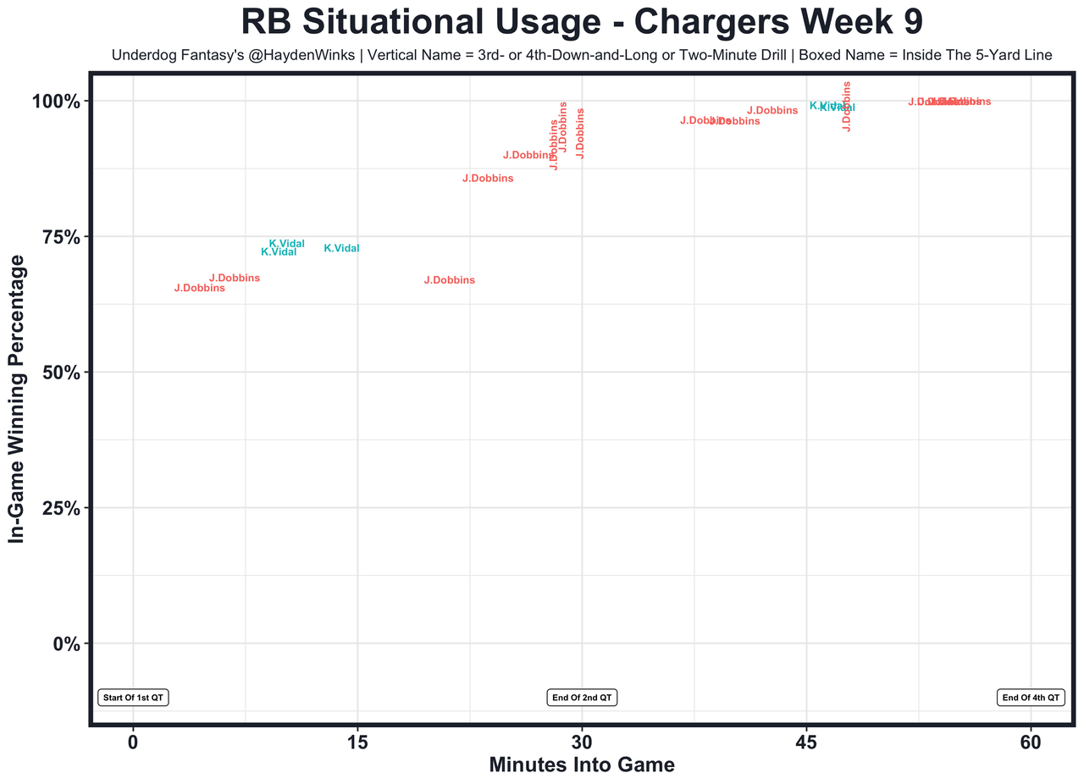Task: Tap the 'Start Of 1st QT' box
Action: tap(134, 698)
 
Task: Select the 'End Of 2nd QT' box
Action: tap(583, 698)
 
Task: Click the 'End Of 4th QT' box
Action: tap(1031, 698)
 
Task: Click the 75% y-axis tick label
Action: tap(61, 237)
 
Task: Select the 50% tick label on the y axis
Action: tap(61, 373)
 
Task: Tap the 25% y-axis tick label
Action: tap(61, 508)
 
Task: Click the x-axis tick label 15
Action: tap(357, 742)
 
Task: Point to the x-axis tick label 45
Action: tap(806, 742)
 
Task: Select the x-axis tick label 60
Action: tap(1031, 742)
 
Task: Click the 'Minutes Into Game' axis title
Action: tap(582, 765)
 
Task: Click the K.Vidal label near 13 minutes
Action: tap(341, 249)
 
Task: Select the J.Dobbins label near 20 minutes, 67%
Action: tap(449, 280)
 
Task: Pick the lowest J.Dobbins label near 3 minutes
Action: tap(199, 289)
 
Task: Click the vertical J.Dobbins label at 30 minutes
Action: tap(580, 133)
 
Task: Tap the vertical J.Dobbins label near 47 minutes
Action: tap(846, 106)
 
